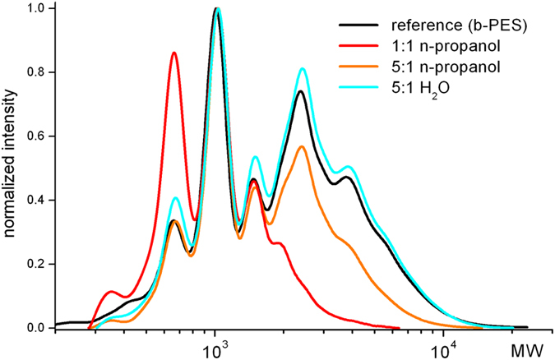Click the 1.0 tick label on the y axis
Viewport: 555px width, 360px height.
pyautogui.click(x=36, y=8)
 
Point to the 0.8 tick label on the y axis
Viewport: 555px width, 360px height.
pyautogui.click(x=36, y=72)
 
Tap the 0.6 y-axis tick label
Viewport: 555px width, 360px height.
pyautogui.click(x=36, y=136)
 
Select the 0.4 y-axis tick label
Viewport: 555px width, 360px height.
pyautogui.click(x=36, y=200)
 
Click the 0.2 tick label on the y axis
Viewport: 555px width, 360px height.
pyautogui.click(x=36, y=264)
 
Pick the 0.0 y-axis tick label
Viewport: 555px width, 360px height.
pyautogui.click(x=36, y=328)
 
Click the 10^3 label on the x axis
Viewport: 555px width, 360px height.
pyautogui.click(x=215, y=345)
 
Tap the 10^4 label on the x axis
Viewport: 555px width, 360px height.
pyautogui.click(x=443, y=345)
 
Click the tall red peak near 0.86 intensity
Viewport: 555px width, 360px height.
pyautogui.click(x=173, y=53)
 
